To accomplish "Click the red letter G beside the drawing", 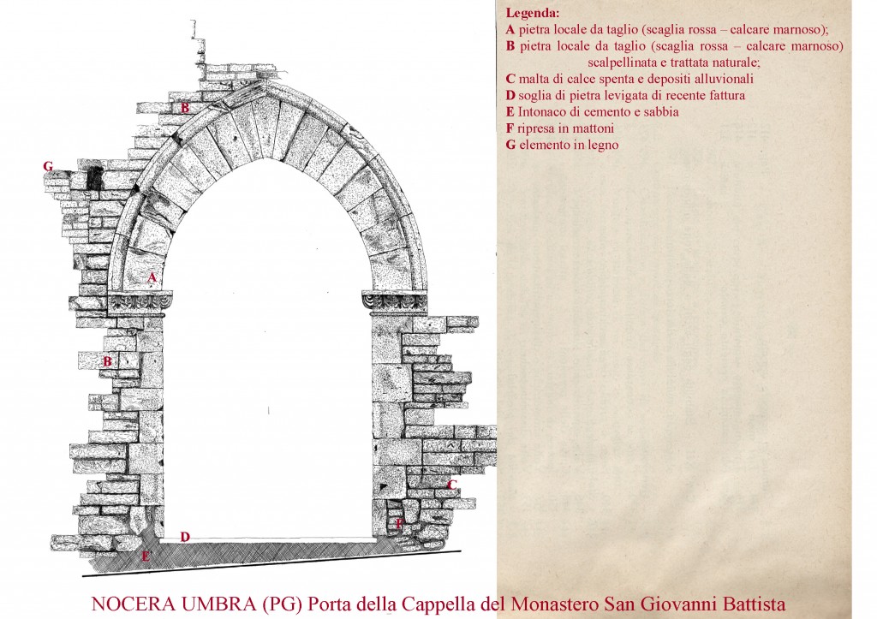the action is tap(48, 166).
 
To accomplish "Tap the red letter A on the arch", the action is tap(152, 277).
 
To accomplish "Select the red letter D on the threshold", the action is tap(185, 537).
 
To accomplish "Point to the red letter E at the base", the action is tap(146, 556).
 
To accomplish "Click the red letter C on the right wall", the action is tap(452, 485).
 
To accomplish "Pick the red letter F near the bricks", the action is tap(398, 524).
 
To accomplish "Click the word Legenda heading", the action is tap(533, 13).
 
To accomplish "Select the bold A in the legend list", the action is tap(510, 30).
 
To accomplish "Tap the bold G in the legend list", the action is tap(510, 145).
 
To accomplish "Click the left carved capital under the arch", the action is tap(140, 302).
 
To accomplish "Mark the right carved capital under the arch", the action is tap(395, 302).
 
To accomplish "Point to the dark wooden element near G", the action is tap(94, 176).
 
